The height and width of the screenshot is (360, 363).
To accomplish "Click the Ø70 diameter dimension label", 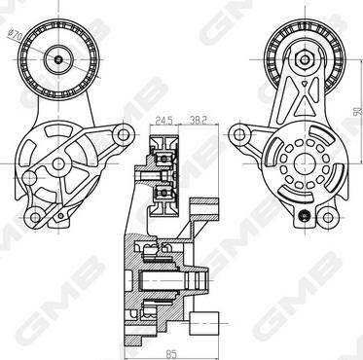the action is [x=15, y=35].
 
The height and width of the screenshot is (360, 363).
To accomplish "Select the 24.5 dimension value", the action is [x=163, y=121].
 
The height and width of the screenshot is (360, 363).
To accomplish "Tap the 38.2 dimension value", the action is [x=198, y=121].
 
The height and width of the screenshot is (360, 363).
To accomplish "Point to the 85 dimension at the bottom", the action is [x=171, y=354].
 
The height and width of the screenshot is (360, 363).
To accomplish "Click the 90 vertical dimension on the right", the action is [x=357, y=111].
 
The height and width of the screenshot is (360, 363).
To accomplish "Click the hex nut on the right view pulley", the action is [x=304, y=59].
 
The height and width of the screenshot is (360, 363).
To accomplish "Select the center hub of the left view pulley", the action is [x=58, y=59].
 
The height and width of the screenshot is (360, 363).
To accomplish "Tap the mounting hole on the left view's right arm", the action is [x=124, y=134].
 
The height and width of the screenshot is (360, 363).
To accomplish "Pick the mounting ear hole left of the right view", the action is [x=239, y=134].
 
